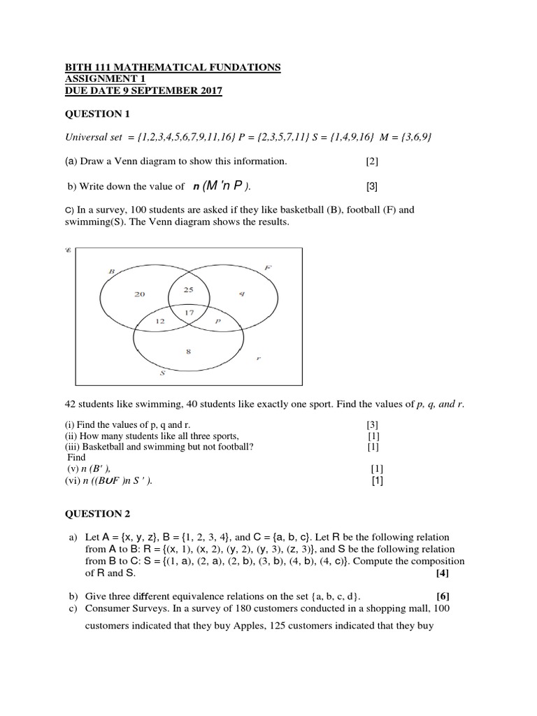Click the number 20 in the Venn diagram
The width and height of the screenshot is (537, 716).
tap(140, 294)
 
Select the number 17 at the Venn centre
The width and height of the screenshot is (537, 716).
tap(189, 313)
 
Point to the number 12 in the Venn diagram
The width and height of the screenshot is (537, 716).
tap(160, 321)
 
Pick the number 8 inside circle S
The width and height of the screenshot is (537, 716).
tap(189, 352)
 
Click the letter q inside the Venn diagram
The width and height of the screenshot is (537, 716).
tap(241, 294)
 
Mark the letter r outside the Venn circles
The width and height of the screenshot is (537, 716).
tap(259, 358)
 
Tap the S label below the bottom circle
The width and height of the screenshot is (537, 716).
tap(162, 373)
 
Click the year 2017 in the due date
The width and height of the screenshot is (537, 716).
tap(209, 90)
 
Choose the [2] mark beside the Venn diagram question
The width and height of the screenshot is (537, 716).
tap(371, 162)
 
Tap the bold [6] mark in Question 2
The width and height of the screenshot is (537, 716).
tap(442, 596)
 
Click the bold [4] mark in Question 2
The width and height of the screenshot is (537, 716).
tap(442, 573)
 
